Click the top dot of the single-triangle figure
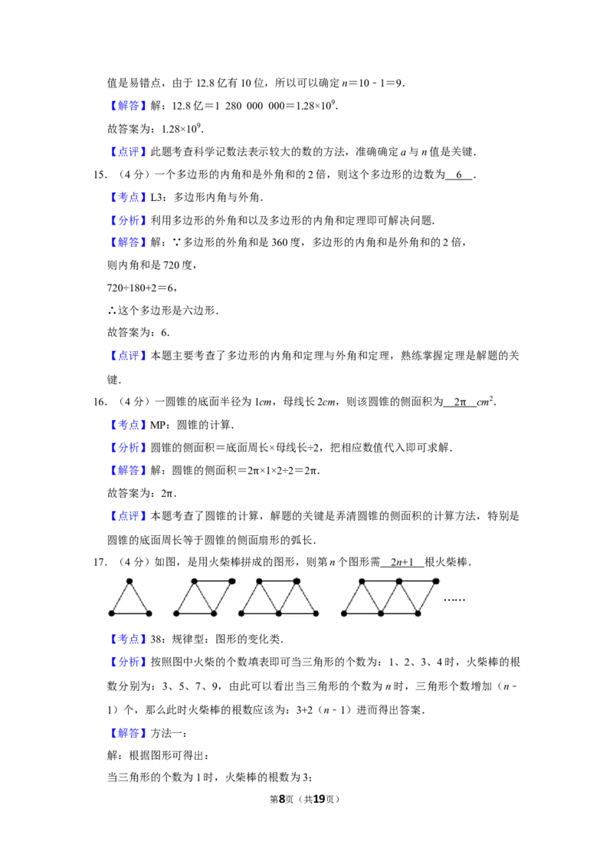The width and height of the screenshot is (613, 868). pos(129,581)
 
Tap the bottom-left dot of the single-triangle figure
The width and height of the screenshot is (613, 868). pos(111,613)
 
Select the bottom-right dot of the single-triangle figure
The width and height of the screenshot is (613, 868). pos(149,613)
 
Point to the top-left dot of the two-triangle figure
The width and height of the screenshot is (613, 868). pos(195,581)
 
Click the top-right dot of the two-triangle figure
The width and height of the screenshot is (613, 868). pos(232,581)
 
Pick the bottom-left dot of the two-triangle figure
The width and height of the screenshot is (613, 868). pos(176,613)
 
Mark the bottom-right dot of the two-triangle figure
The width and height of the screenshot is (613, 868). pos(214,613)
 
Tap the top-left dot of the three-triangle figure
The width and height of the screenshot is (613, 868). pos(259,581)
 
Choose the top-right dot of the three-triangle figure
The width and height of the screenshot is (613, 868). pos(297,581)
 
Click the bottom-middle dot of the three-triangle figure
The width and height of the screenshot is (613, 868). pos(278,613)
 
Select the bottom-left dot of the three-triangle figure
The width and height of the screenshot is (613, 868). pos(241,613)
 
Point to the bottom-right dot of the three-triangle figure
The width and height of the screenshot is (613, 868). pos(316,613)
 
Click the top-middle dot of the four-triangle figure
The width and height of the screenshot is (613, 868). pos(398,581)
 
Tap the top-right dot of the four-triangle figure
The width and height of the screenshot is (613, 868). pos(436,581)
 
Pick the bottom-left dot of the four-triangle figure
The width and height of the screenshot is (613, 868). pos(343,613)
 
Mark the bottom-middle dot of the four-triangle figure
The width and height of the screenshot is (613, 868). pos(381,613)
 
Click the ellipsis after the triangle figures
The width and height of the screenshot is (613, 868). pos(454,600)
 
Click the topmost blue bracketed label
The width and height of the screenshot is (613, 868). pos(128,107)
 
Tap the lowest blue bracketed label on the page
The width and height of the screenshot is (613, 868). pos(128,734)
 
